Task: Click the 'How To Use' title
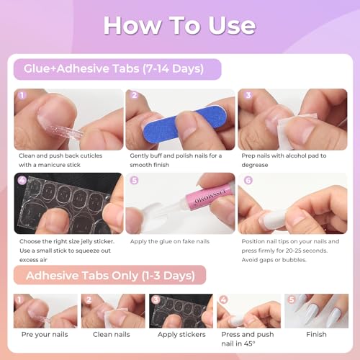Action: [179, 25]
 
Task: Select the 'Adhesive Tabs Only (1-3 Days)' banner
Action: [108, 274]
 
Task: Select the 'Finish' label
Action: [316, 335]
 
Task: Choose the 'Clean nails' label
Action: [111, 335]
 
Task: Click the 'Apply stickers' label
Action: [181, 335]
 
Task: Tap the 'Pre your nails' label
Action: [45, 335]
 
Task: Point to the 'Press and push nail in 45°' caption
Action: [248, 339]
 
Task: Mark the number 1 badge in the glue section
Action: [21, 95]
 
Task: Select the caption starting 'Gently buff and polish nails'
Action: [176, 160]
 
